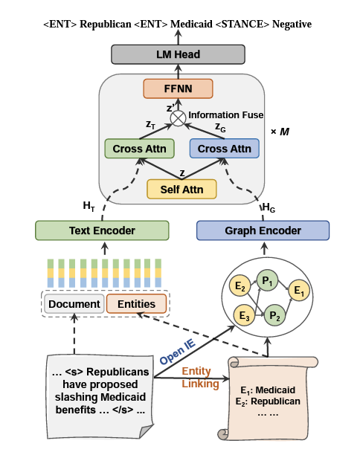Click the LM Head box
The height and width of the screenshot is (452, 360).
point(177,54)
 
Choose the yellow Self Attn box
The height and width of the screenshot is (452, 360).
point(182,189)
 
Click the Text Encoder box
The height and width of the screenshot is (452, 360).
point(103,230)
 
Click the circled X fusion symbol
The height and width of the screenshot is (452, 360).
point(177,117)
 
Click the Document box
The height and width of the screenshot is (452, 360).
point(74,303)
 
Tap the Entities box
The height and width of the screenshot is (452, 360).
point(136,303)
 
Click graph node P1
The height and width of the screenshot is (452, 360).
point(265,281)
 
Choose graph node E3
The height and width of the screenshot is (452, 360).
point(242,314)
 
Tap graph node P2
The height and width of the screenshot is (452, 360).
point(274,314)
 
